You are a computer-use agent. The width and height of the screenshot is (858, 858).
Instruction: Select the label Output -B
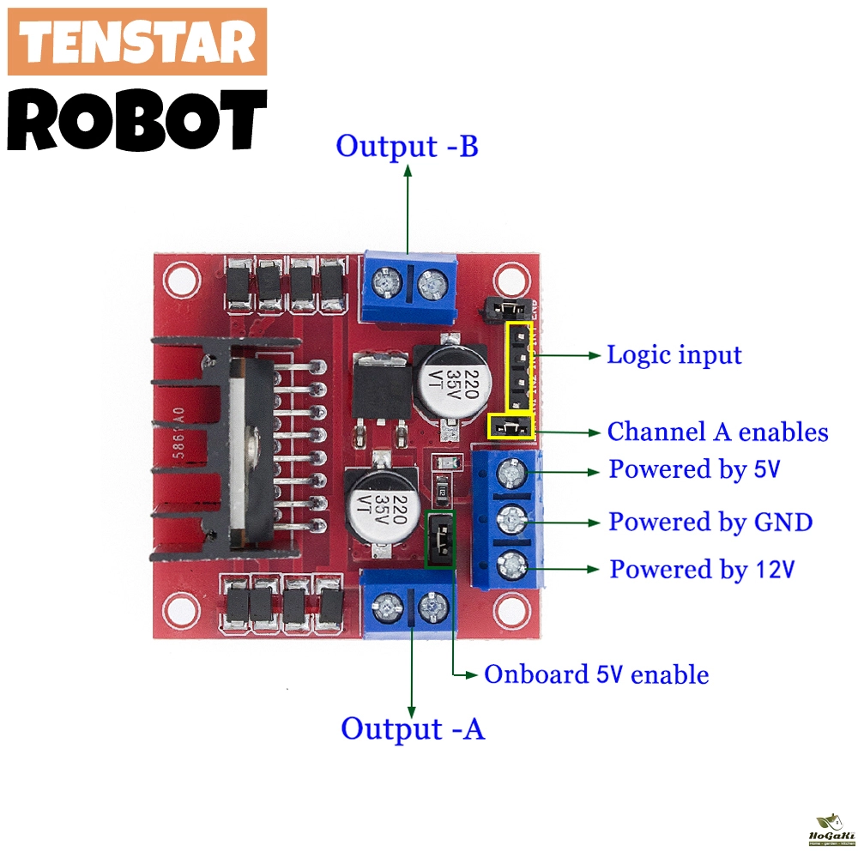point(407,146)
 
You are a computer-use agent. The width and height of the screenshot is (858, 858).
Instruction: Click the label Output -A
point(413,728)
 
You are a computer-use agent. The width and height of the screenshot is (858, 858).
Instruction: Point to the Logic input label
point(674,354)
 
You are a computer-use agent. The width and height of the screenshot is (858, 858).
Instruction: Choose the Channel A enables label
point(718,432)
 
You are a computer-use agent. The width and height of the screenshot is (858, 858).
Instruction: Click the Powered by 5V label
point(695,469)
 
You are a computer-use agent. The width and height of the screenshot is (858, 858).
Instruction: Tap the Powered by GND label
point(710,521)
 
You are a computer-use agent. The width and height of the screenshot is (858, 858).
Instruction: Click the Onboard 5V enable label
point(596,674)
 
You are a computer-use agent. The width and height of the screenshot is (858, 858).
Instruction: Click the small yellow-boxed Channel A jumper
point(511,426)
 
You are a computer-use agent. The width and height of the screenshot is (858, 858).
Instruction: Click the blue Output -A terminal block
point(408,605)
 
